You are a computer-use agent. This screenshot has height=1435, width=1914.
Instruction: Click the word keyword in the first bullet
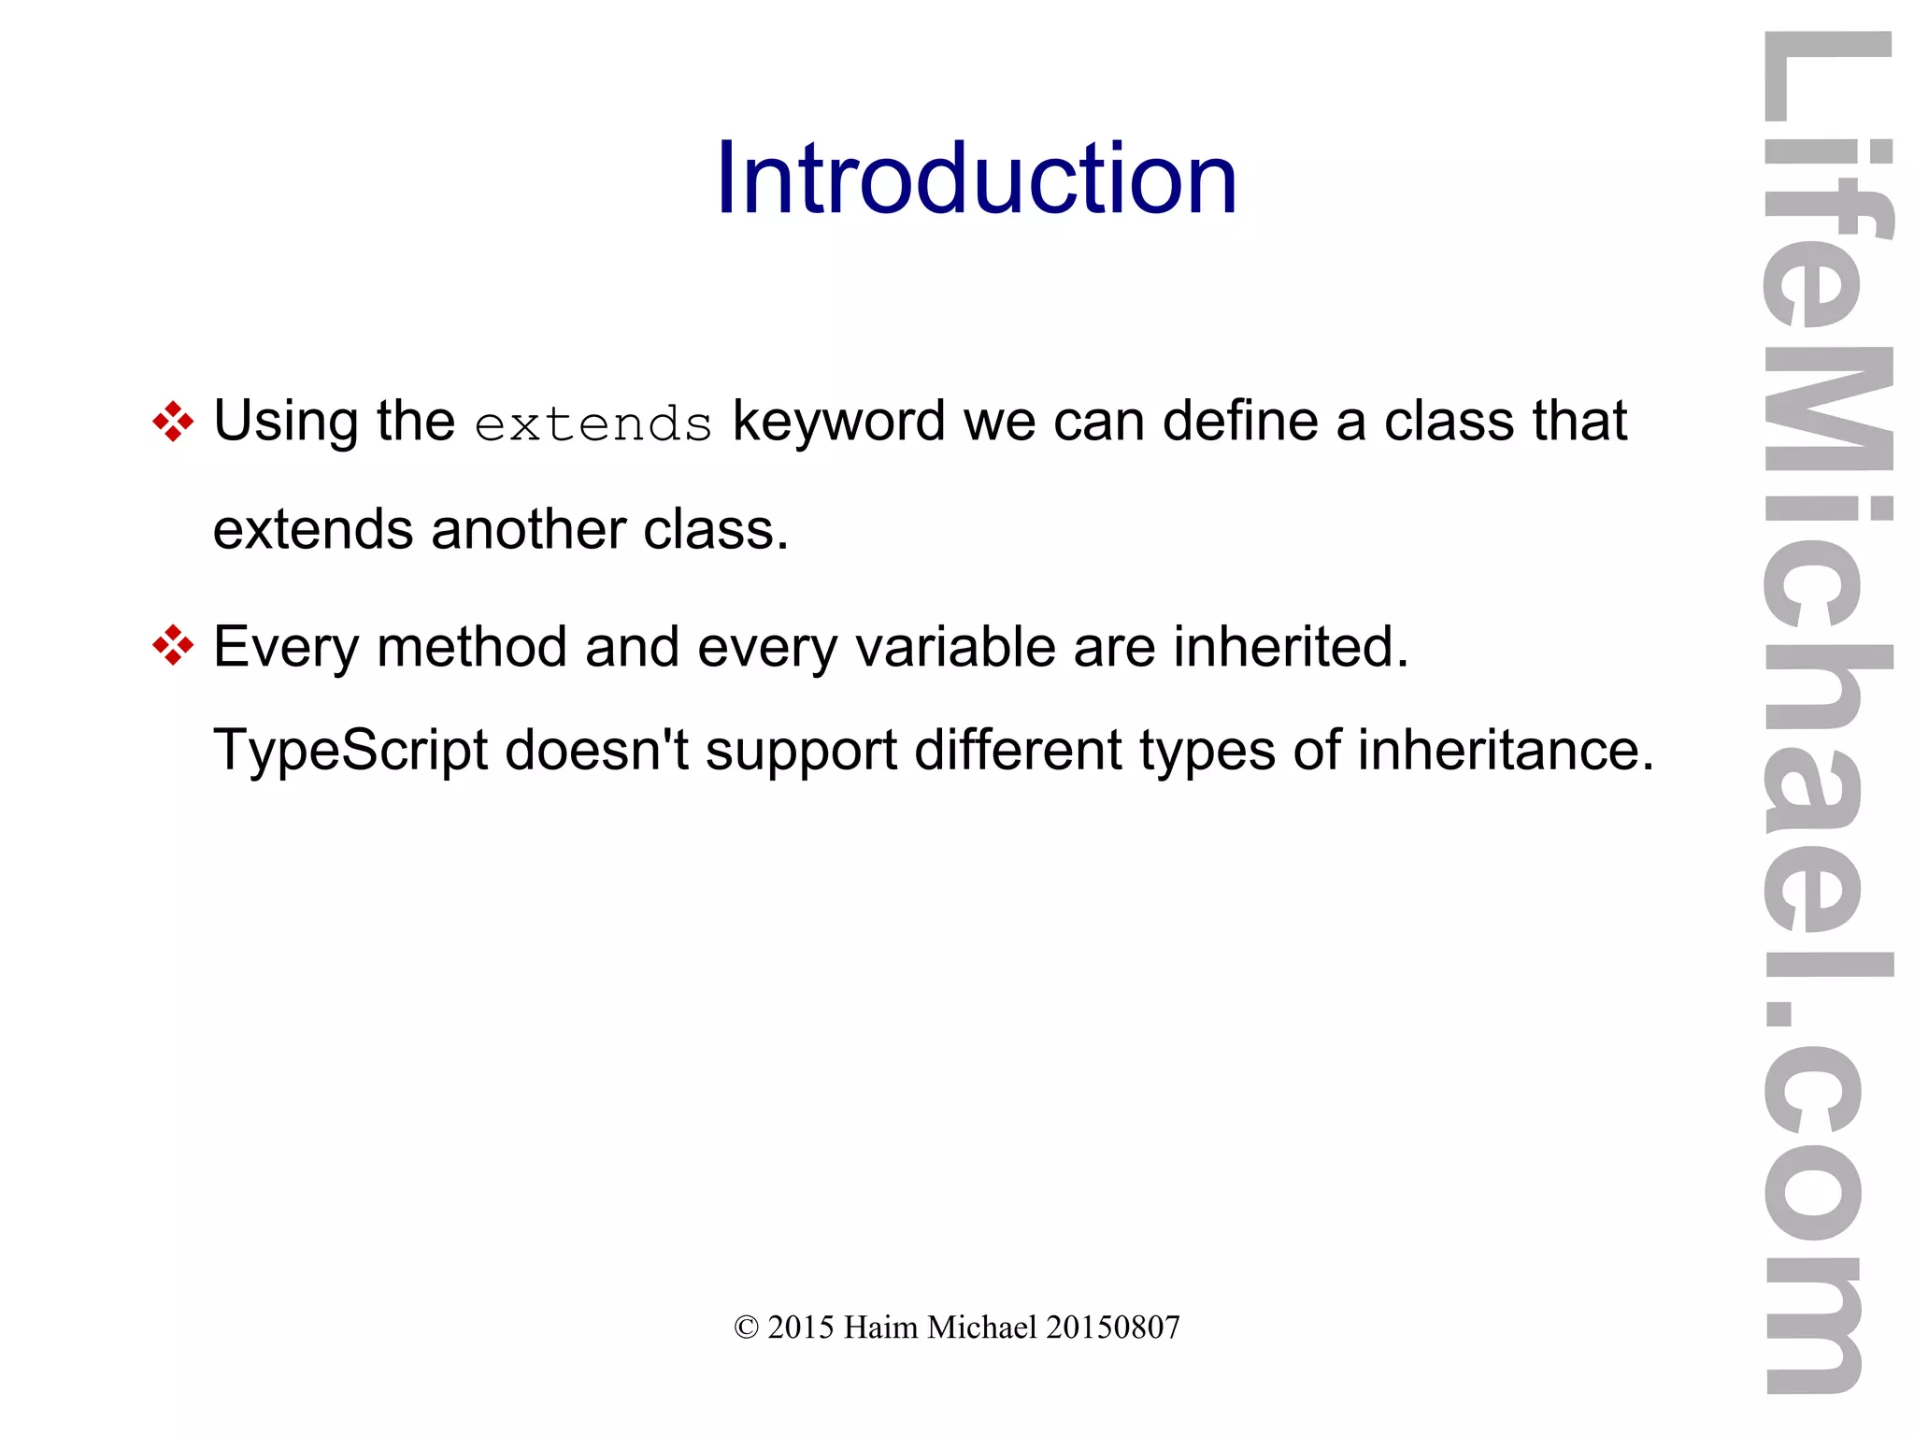[838, 422]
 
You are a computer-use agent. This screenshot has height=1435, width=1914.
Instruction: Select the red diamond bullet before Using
[173, 421]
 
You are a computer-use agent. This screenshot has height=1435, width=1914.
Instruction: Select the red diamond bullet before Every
[173, 646]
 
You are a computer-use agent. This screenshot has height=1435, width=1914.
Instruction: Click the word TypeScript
[350, 751]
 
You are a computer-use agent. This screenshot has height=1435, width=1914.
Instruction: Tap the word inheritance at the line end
[1505, 749]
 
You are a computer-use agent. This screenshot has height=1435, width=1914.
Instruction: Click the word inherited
[1291, 646]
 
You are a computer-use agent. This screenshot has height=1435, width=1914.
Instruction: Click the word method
[471, 646]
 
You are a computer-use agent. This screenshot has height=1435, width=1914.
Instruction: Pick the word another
[528, 530]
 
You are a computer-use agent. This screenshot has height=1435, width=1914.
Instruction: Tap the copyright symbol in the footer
[746, 1327]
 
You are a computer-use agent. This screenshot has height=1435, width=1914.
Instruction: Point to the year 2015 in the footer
[800, 1327]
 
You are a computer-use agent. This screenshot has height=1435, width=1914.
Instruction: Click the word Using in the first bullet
[286, 422]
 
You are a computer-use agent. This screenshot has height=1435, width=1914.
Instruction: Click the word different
[1018, 749]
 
